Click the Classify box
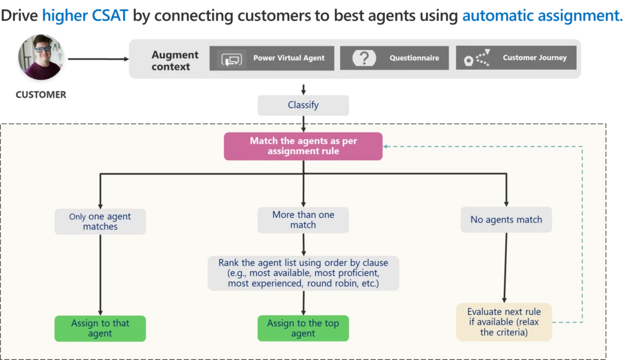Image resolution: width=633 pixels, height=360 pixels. [303, 105]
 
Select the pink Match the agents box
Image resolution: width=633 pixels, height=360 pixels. [303, 146]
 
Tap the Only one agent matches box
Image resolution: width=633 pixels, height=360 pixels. [100, 221]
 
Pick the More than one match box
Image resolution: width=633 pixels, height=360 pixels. [303, 220]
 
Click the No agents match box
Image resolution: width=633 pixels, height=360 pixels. [506, 220]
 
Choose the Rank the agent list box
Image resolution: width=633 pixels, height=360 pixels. [303, 273]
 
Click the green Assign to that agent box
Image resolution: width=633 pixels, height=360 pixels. [100, 328]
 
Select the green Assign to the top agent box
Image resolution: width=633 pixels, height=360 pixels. [303, 328]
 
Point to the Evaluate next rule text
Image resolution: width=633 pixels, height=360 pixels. [504, 322]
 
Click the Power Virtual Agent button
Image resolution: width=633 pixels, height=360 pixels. [271, 58]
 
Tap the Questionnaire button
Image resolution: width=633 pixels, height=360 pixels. [394, 58]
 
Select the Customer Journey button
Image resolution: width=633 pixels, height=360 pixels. [516, 58]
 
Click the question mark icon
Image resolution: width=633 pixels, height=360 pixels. [365, 58]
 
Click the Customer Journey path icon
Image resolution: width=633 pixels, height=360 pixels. [477, 58]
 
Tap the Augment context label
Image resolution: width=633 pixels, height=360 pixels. [175, 61]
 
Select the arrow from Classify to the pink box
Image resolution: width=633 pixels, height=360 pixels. [303, 125]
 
